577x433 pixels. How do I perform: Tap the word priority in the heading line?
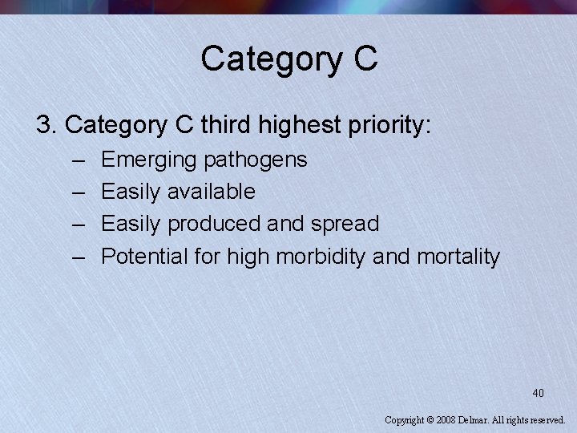pos(393,125)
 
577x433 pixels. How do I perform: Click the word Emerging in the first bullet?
pos(149,160)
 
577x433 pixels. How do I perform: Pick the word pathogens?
pos(256,160)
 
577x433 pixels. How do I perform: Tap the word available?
pos(211,192)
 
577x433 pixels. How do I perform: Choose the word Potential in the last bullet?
pos(145,257)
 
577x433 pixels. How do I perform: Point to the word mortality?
pos(459,257)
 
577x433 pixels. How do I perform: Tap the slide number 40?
pos(538,393)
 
